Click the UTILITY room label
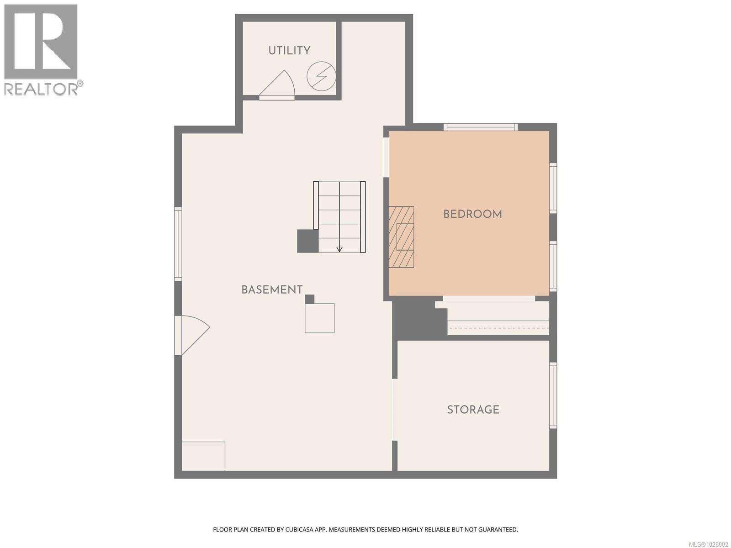pyautogui.click(x=289, y=51)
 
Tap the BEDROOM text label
pyautogui.click(x=472, y=214)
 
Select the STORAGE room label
pyautogui.click(x=473, y=410)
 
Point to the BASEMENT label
pyautogui.click(x=272, y=290)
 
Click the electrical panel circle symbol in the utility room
pyautogui.click(x=321, y=75)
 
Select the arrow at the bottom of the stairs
pyautogui.click(x=339, y=249)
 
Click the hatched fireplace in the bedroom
pyautogui.click(x=401, y=237)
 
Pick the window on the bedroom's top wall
pyautogui.click(x=480, y=127)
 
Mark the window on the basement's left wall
pyautogui.click(x=178, y=243)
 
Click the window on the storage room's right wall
pyautogui.click(x=553, y=395)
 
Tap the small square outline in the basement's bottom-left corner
pyautogui.click(x=203, y=456)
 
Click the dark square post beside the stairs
pyautogui.click(x=307, y=241)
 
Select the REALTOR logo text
pyautogui.click(x=41, y=89)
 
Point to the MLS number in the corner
pyautogui.click(x=708, y=544)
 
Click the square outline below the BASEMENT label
pyautogui.click(x=319, y=318)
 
